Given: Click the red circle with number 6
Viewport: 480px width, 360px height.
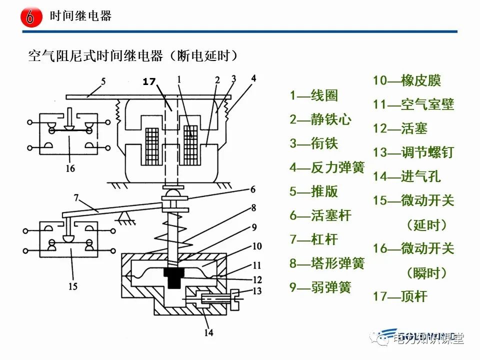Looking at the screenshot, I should [30, 17].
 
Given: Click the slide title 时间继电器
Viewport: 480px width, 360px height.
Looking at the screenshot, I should [80, 16].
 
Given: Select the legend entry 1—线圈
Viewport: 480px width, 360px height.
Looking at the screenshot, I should [314, 95].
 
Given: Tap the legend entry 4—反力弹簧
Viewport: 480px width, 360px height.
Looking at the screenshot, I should [327, 167].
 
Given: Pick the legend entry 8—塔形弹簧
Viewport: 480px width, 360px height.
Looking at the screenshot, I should [327, 263].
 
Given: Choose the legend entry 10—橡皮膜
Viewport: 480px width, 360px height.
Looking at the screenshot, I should [407, 80].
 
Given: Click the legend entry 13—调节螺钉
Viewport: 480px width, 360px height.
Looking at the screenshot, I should [413, 152].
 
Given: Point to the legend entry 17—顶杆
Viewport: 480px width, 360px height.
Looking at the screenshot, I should [400, 296].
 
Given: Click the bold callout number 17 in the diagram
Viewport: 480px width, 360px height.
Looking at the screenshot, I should [149, 81].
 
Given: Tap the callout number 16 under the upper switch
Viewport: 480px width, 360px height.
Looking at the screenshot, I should [70, 168].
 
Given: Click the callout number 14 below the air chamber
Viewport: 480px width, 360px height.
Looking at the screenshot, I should [208, 331].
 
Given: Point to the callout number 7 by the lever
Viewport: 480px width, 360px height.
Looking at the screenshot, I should [76, 198].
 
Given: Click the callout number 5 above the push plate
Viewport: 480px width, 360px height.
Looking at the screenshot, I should [103, 80].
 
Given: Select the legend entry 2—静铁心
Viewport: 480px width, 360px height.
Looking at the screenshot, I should [320, 119].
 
